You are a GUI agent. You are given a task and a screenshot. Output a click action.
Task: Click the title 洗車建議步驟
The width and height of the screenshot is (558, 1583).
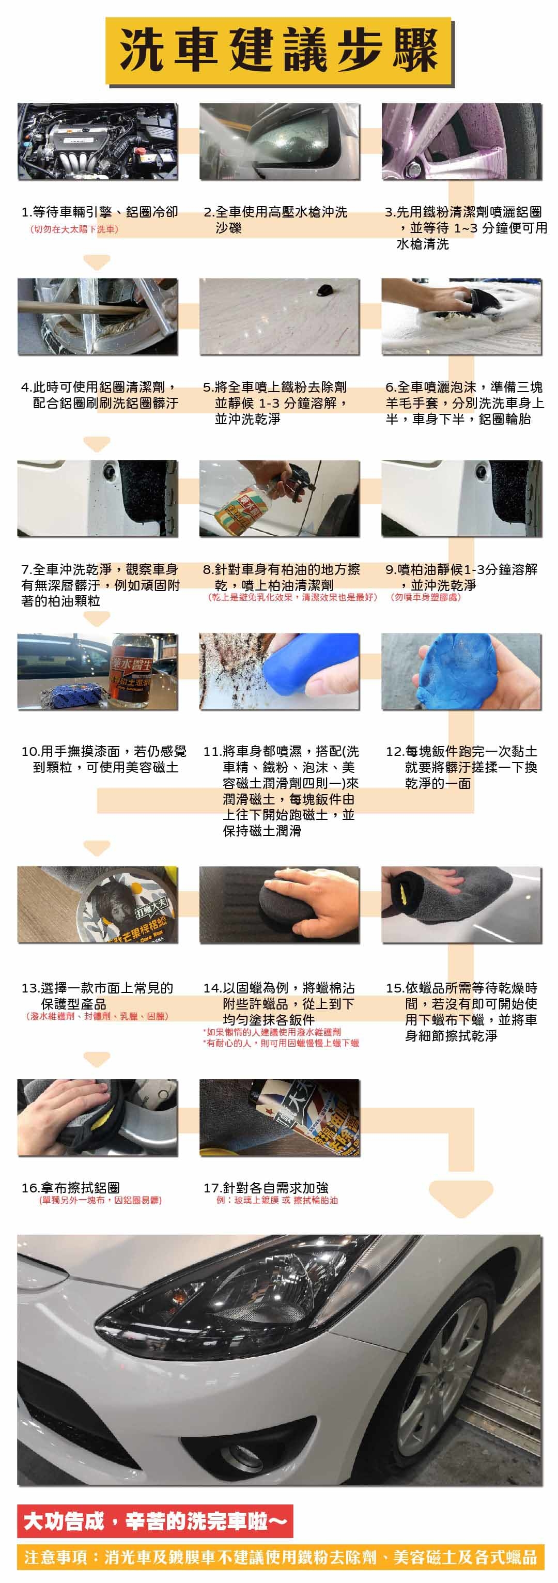pyautogui.click(x=279, y=51)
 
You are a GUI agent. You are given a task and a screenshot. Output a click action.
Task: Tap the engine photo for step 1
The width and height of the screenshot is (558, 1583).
pyautogui.click(x=97, y=142)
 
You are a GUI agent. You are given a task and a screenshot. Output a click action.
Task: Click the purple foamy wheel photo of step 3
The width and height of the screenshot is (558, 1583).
pyautogui.click(x=461, y=142)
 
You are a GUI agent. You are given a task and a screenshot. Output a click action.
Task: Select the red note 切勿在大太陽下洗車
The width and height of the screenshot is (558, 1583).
pyautogui.click(x=74, y=229)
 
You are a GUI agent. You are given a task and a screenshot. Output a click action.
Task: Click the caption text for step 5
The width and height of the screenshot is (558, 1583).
pyautogui.click(x=276, y=403)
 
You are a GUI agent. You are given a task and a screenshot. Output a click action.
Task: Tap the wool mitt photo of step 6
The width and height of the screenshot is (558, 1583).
pyautogui.click(x=461, y=317)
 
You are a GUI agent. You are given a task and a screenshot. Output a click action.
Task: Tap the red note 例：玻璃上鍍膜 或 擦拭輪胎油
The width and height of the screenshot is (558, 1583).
pyautogui.click(x=276, y=1200)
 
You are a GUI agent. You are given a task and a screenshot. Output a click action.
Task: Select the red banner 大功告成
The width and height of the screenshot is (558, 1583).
pyautogui.click(x=155, y=1522)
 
